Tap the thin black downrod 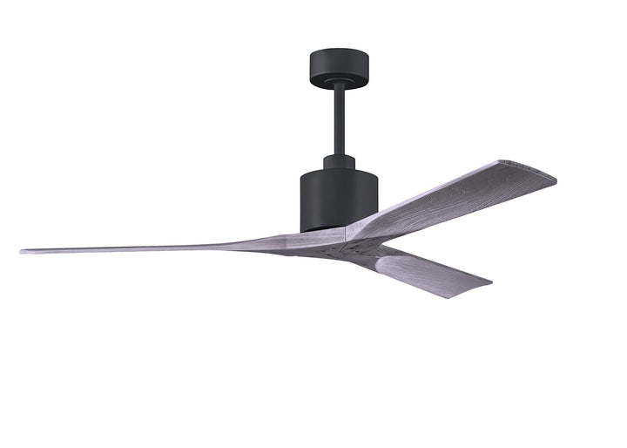pos(339,121)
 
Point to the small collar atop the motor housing pos(339,162)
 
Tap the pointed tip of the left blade pos(24,252)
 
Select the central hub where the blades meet pos(340,241)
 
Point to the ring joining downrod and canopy pos(339,85)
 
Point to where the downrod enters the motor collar pos(339,155)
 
